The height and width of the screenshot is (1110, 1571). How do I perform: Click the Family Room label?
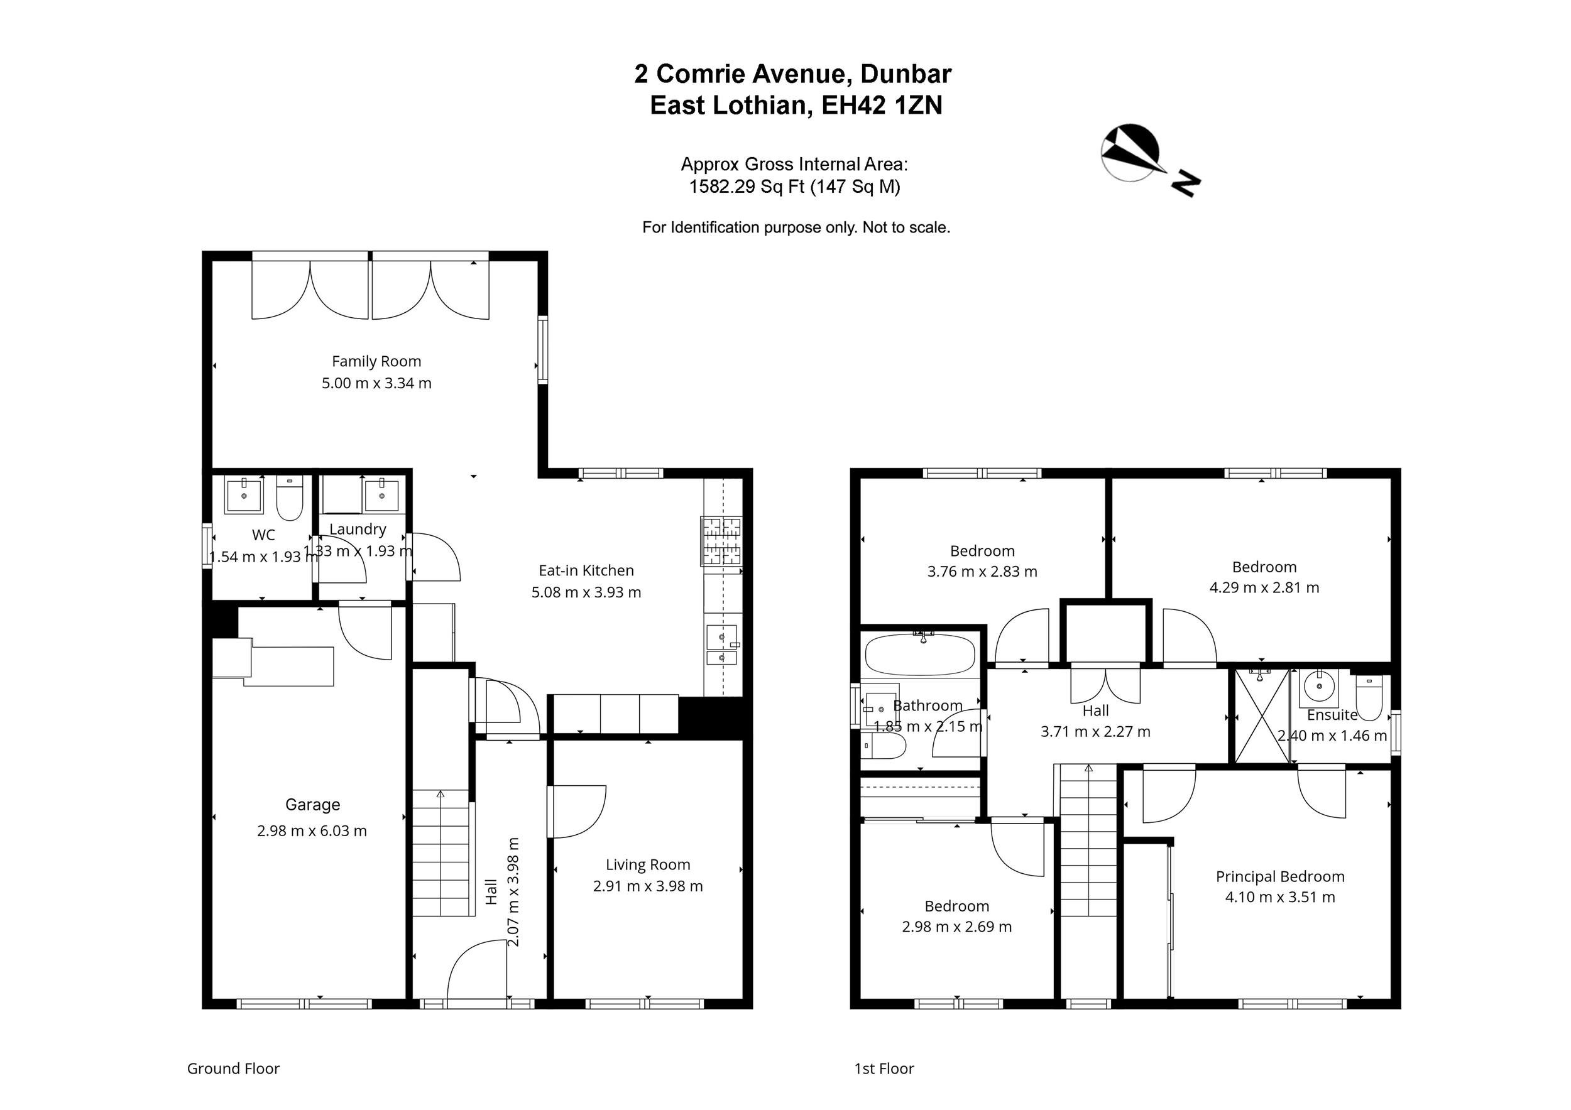(x=376, y=361)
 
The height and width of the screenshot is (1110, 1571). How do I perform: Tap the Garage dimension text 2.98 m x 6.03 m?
(x=312, y=831)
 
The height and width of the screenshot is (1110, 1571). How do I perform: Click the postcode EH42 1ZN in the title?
(x=882, y=106)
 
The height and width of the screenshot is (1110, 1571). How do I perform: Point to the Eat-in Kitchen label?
(x=586, y=570)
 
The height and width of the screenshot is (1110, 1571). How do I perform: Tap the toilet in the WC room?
(x=290, y=499)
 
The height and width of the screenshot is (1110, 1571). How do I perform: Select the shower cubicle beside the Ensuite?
(x=1262, y=716)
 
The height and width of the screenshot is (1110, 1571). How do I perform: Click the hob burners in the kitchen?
(x=721, y=541)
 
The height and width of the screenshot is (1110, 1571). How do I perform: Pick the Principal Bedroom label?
(x=1280, y=876)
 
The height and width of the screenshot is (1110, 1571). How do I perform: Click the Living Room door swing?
(x=577, y=812)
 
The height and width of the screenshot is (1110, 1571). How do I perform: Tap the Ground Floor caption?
(x=233, y=1069)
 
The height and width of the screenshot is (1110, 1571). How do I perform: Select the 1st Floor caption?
(x=884, y=1069)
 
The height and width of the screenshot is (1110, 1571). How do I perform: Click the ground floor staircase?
(x=441, y=853)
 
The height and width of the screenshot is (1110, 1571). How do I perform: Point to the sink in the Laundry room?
(x=381, y=494)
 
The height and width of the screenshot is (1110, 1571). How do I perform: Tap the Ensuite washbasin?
(x=1318, y=688)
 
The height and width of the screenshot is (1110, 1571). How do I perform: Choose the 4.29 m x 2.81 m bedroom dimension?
(x=1264, y=587)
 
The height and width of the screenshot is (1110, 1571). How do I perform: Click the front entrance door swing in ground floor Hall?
(x=478, y=970)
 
